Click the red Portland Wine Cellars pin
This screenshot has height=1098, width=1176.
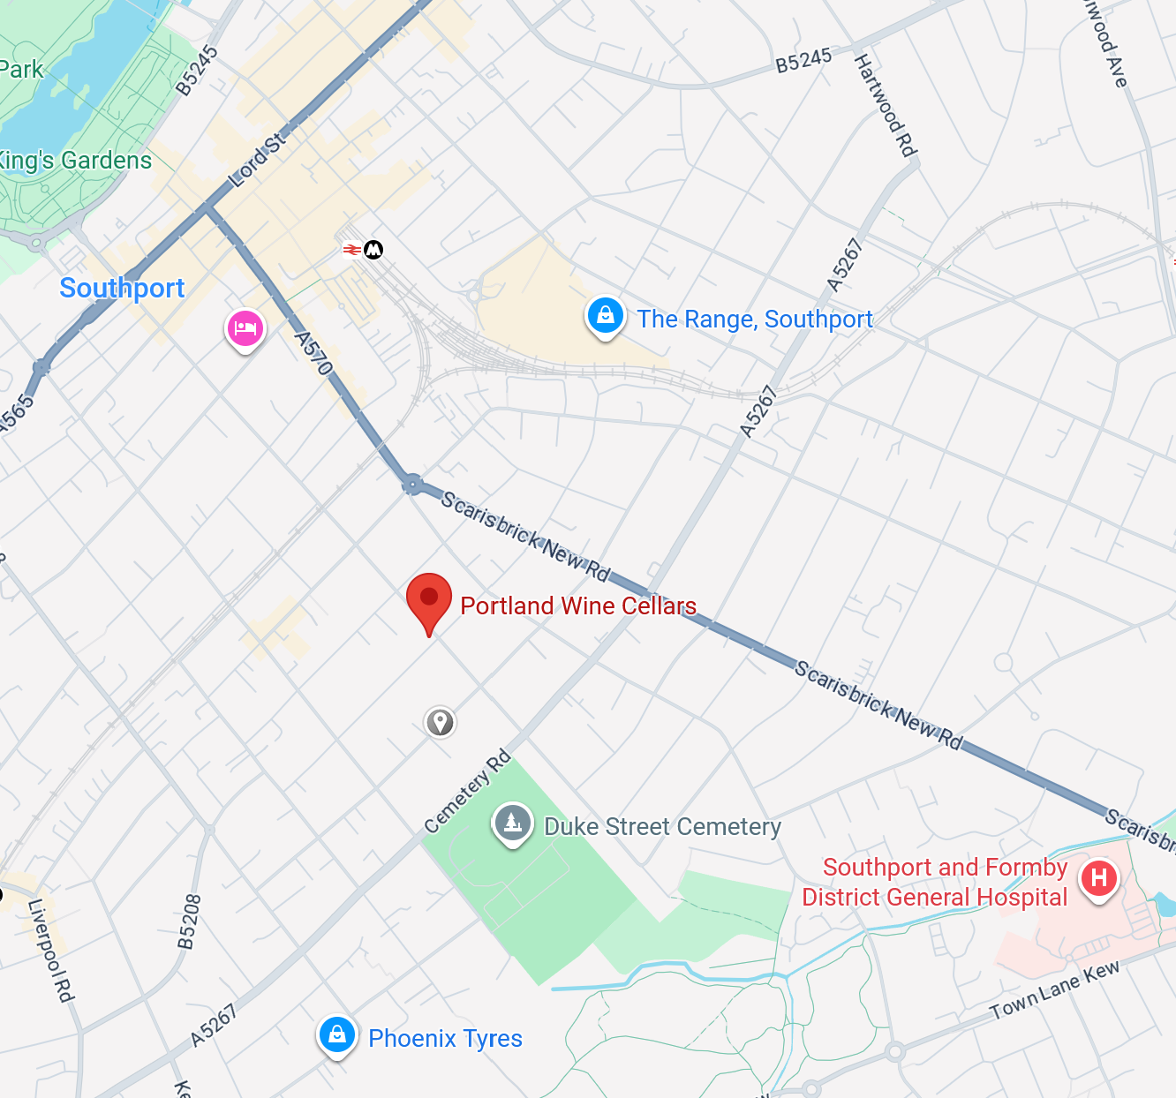tap(429, 599)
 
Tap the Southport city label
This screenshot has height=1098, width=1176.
tap(122, 289)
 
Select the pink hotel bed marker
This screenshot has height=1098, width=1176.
tap(245, 329)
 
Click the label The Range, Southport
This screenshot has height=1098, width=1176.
tap(755, 320)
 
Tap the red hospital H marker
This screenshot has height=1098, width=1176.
tap(1099, 878)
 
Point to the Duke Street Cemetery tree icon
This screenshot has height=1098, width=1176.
tap(512, 823)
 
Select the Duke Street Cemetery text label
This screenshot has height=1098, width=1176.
tap(662, 827)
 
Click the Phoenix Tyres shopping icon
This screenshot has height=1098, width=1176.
tap(336, 1034)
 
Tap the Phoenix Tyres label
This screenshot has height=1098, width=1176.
tap(445, 1039)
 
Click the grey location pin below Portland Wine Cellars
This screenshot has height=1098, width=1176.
tap(440, 722)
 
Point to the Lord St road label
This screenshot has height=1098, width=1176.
tap(258, 160)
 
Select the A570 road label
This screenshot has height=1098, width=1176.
tap(313, 353)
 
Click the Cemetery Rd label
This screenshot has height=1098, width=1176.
tap(467, 792)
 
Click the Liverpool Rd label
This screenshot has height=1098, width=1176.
tap(50, 951)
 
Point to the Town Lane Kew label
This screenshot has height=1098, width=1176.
tap(1054, 989)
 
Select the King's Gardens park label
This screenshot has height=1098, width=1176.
tap(76, 161)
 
